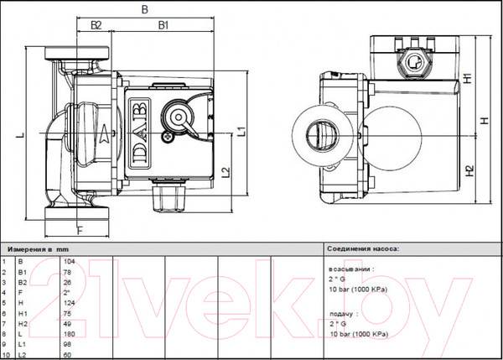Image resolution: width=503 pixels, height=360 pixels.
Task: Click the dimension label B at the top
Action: pyautogui.click(x=145, y=9)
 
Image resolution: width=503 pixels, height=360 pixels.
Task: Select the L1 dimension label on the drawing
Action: pyautogui.click(x=240, y=129)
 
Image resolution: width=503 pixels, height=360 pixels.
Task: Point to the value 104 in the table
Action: pyautogui.click(x=70, y=263)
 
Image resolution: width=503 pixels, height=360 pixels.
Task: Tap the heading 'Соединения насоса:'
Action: pyautogui.click(x=364, y=249)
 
